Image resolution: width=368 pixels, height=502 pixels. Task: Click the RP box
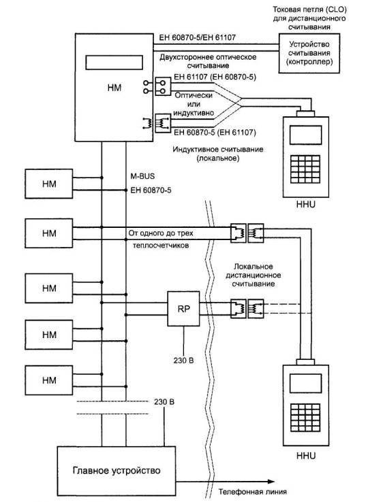183,309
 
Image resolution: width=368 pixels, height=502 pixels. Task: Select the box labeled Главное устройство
117,471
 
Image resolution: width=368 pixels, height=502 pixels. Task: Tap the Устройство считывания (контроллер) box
309,53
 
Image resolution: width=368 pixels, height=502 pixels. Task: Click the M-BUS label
142,176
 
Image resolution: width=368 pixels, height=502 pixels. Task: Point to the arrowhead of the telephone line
271,481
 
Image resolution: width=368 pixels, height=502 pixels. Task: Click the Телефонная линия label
253,491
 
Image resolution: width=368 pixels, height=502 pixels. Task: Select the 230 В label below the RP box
183,361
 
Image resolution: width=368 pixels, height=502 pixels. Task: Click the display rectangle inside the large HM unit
114,63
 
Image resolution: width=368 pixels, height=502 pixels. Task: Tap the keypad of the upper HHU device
305,169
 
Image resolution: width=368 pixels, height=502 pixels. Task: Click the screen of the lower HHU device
305,383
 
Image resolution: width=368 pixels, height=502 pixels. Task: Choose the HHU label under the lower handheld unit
306,456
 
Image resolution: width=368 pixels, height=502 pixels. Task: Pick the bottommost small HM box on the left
49,380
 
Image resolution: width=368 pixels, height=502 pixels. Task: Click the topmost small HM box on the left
49,184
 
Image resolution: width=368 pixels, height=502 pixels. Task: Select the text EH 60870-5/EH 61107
198,37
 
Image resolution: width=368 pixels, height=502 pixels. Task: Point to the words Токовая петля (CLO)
309,10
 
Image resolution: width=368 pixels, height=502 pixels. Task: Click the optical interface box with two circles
163,86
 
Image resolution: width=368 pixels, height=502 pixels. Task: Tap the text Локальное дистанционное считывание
254,275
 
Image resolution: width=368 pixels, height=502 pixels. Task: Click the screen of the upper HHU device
305,135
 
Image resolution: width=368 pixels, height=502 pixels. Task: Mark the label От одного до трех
161,233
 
